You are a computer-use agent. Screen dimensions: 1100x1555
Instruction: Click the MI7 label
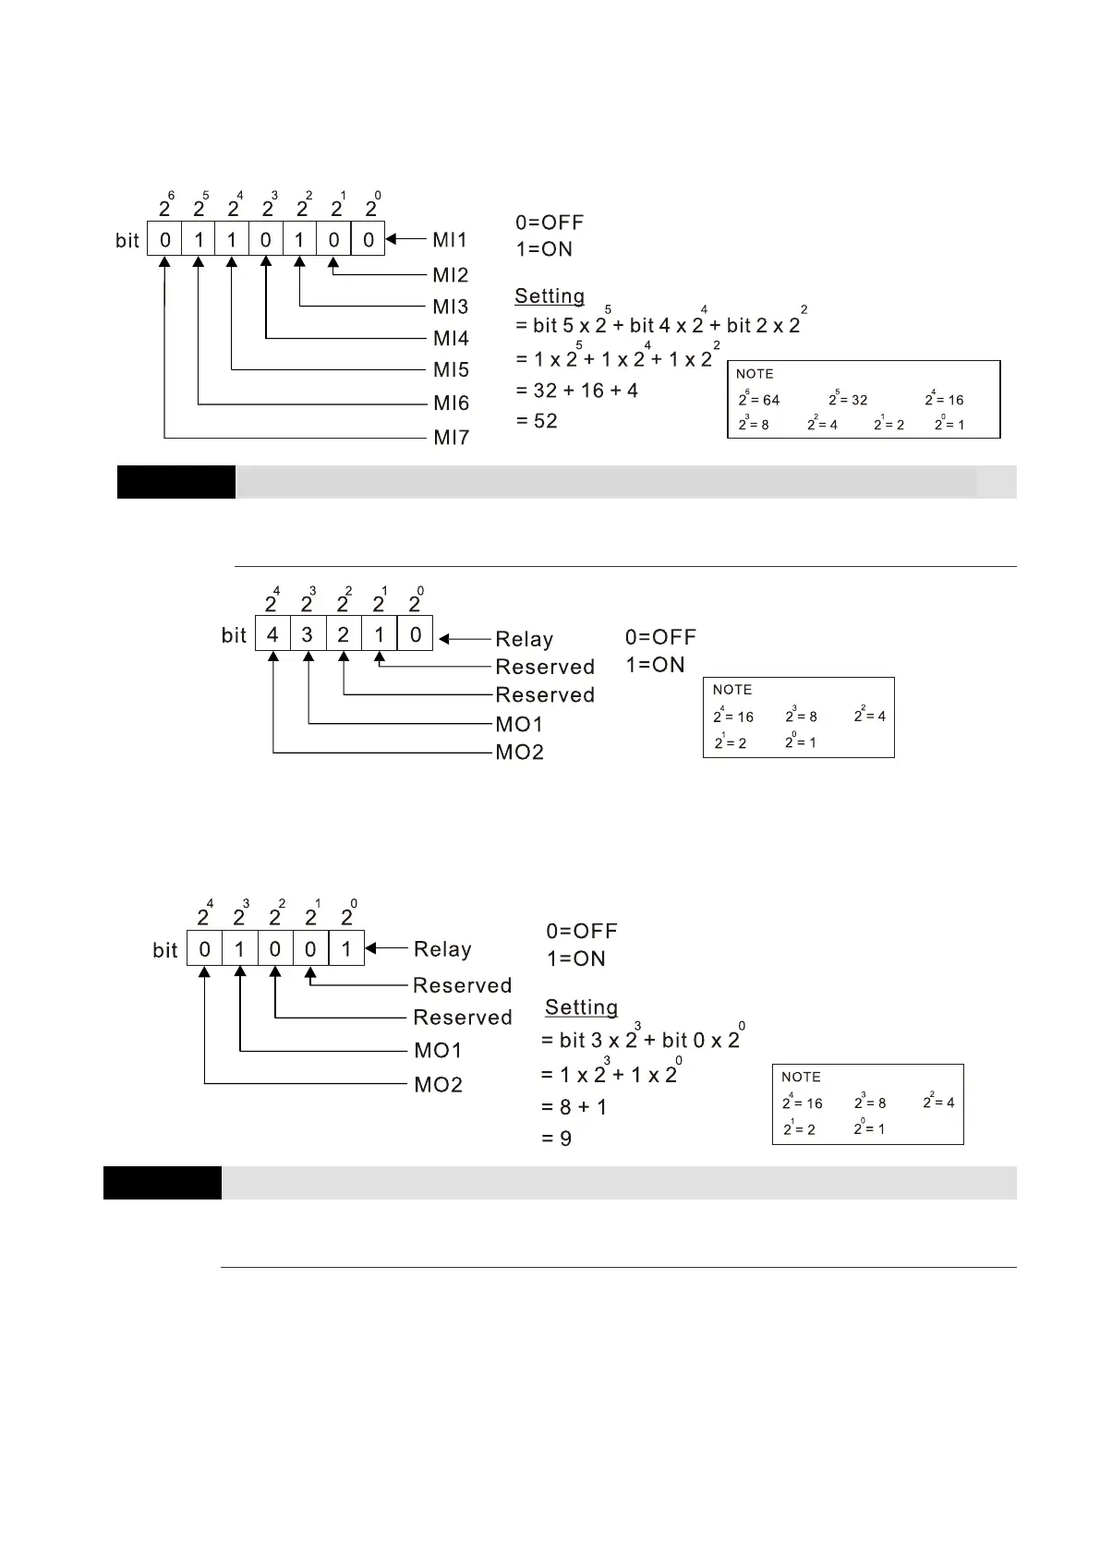pyautogui.click(x=452, y=438)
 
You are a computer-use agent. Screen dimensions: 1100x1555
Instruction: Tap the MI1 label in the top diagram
pyautogui.click(x=450, y=240)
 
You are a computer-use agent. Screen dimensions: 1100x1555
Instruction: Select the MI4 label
pyautogui.click(x=451, y=338)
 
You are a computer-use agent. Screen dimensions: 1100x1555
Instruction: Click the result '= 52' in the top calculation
pyautogui.click(x=537, y=421)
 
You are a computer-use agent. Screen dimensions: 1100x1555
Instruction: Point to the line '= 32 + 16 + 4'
pyautogui.click(x=577, y=391)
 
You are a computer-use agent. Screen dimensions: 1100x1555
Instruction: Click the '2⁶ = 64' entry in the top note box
pyautogui.click(x=759, y=400)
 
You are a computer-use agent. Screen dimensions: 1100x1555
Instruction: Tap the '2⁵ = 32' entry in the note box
pyautogui.click(x=848, y=400)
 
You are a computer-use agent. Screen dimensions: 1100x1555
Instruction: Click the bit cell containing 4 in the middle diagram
pyautogui.click(x=272, y=635)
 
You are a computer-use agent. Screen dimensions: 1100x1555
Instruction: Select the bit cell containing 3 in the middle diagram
pyautogui.click(x=308, y=635)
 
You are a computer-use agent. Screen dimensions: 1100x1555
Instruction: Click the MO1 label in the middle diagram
pyautogui.click(x=519, y=724)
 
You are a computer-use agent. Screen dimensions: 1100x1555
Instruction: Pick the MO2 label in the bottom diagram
pyautogui.click(x=438, y=1084)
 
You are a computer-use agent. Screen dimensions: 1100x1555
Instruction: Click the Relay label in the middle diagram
pyautogui.click(x=524, y=639)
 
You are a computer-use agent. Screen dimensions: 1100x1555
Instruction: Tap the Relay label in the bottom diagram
pyautogui.click(x=442, y=949)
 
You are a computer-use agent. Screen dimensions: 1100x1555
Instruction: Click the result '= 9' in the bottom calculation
pyautogui.click(x=557, y=1139)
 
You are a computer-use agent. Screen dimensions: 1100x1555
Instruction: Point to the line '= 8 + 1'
pyautogui.click(x=574, y=1107)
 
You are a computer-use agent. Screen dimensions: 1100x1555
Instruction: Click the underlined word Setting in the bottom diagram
pyautogui.click(x=581, y=1007)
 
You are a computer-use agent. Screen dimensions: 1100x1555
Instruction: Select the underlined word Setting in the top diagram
pyautogui.click(x=550, y=296)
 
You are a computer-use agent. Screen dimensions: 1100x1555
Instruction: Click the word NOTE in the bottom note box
pyautogui.click(x=801, y=1077)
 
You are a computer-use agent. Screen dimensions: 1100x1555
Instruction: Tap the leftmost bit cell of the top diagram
pyautogui.click(x=164, y=240)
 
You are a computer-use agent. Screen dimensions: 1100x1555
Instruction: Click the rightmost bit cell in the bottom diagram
pyautogui.click(x=346, y=948)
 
